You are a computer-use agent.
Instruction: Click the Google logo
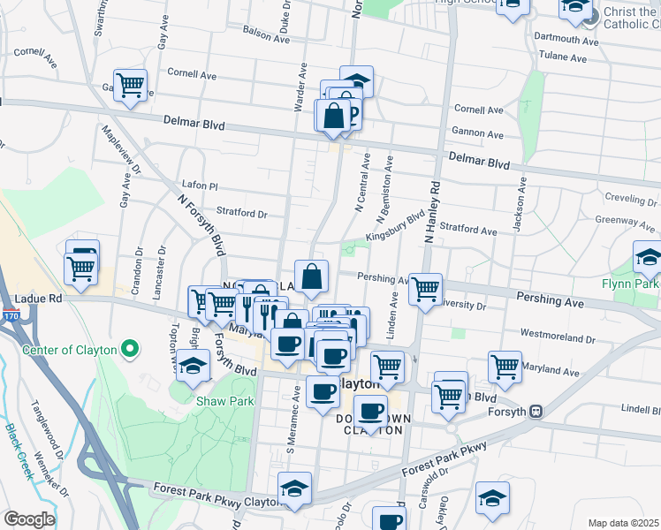[29, 519]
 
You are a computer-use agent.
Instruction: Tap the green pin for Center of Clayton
[130, 350]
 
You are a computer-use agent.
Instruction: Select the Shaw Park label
[224, 401]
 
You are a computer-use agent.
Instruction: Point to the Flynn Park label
[631, 284]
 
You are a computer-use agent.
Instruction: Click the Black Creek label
[19, 451]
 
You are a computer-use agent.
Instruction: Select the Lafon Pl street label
[199, 185]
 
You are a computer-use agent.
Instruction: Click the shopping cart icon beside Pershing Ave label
[425, 288]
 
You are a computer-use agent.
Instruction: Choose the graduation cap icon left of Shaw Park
[192, 366]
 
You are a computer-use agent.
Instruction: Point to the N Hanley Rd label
[431, 213]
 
